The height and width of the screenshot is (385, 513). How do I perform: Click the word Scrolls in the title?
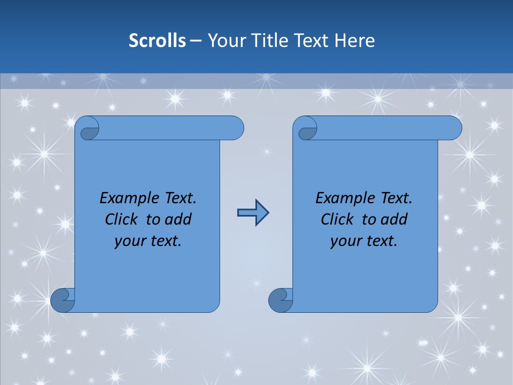(x=158, y=40)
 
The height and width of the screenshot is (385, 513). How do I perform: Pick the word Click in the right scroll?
(x=337, y=219)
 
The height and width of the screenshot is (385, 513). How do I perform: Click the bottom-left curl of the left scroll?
(x=63, y=300)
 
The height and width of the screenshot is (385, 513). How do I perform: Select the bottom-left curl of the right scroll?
(x=281, y=300)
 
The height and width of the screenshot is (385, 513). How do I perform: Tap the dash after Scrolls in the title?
(x=196, y=40)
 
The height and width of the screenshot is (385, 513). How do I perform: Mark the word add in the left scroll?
(x=179, y=219)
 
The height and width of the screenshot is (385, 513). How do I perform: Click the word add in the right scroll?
(x=395, y=219)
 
